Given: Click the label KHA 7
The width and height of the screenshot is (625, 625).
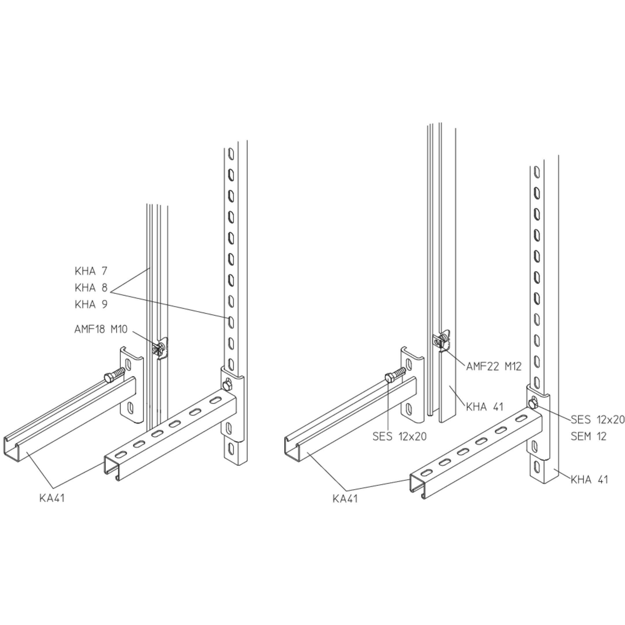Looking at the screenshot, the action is coord(91,271).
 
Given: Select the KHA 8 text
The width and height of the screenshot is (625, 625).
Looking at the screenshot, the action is coord(91,288).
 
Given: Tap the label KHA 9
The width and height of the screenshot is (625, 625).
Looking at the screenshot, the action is coord(91,304).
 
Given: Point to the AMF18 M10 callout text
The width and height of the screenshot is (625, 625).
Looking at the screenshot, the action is coord(101,329).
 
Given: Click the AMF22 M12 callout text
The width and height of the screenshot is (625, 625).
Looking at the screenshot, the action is coord(494,367).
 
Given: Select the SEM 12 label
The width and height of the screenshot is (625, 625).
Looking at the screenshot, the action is coord(588,436).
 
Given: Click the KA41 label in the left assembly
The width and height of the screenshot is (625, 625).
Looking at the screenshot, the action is coord(52,498).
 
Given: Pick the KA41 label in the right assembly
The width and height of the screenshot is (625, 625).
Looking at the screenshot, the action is coord(345,499).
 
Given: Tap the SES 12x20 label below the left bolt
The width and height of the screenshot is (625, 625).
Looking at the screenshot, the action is coord(400,436).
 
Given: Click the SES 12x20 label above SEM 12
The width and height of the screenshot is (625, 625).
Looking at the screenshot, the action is coord(598,420).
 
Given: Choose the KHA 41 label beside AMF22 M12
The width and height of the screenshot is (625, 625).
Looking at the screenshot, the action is coord(485,407).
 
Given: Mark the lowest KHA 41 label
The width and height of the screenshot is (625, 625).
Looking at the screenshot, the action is coord(589,479).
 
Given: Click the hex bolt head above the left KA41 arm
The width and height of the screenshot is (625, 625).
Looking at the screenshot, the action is coord(109,378).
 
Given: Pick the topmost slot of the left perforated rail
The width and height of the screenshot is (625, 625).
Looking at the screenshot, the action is coord(230,154).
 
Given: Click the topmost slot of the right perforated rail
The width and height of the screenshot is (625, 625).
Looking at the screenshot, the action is coord(537,172).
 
